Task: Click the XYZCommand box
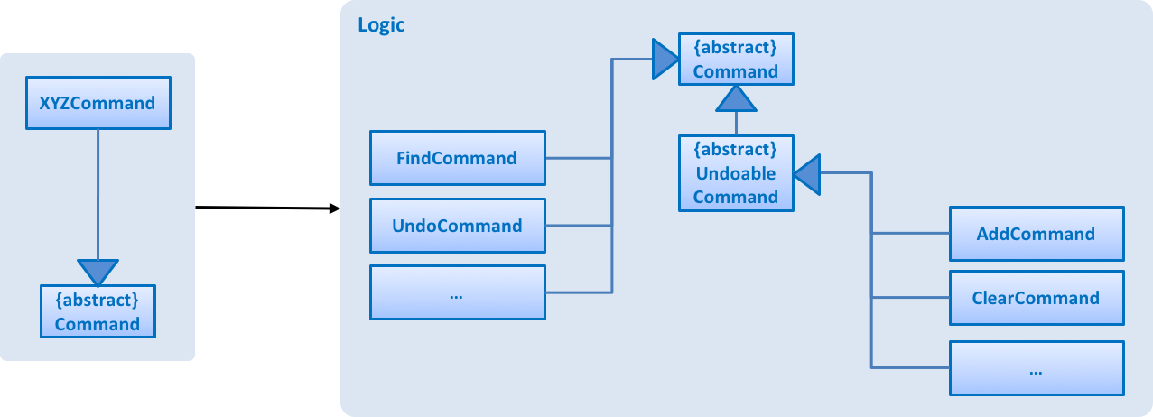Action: coord(97,103)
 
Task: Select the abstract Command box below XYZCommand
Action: coord(97,311)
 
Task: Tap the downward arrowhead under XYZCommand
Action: coord(97,271)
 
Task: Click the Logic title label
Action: coord(381,24)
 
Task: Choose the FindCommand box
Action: coord(457,158)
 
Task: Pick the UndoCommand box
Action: coord(457,226)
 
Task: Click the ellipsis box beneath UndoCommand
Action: coord(457,292)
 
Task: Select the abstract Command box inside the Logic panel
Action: coord(736,59)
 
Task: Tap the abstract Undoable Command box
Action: coord(736,173)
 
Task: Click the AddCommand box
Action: coord(1036,234)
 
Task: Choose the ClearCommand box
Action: coord(1036,298)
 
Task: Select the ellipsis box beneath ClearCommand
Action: coord(1036,368)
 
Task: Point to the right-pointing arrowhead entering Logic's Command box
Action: coord(665,60)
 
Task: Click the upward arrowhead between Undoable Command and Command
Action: coord(736,98)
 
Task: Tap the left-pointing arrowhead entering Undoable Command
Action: coord(807,174)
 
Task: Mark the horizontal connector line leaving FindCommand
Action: coord(578,158)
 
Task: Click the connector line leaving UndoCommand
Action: coord(578,226)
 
